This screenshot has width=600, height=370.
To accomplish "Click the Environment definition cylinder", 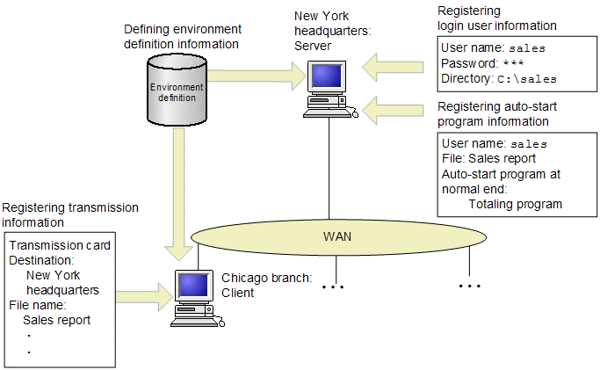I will click(177, 91).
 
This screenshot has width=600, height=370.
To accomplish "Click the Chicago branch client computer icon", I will click(192, 294).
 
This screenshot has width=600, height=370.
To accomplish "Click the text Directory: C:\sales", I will click(499, 78).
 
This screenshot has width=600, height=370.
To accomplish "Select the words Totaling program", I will click(515, 203).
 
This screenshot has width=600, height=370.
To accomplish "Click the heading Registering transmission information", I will click(70, 214).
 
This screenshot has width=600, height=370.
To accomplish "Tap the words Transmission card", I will click(60, 245).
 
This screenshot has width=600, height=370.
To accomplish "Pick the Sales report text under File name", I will click(56, 320).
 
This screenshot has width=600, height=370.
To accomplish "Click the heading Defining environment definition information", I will click(182, 37).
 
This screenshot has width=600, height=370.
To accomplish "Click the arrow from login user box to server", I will click(396, 64).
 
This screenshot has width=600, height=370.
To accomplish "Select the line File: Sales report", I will click(489, 158).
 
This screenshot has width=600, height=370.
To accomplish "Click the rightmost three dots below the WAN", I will click(470, 286).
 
